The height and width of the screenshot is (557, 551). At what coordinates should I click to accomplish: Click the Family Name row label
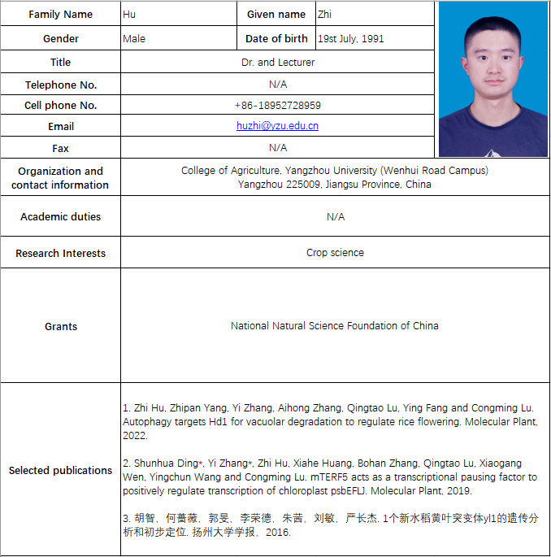pos(61,15)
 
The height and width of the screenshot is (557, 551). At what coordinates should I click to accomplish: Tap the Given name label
pos(276,15)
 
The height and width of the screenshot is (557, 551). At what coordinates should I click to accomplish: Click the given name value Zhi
pos(324,15)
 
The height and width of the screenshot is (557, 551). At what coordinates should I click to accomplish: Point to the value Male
pos(134,39)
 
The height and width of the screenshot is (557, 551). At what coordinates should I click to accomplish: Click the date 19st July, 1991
pos(351,39)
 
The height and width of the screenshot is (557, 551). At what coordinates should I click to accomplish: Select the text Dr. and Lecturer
pos(278,63)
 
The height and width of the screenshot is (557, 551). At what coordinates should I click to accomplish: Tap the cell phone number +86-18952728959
pos(278,106)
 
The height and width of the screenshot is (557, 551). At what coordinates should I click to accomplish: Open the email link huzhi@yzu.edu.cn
pos(278,126)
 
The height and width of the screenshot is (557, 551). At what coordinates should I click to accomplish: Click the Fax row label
pos(61,149)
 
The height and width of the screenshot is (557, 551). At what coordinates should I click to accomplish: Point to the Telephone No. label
pos(61,85)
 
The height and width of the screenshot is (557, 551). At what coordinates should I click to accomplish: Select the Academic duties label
pos(61,217)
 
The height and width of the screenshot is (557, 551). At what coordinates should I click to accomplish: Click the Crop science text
pos(335,253)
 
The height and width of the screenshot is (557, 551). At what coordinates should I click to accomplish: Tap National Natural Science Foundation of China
pos(335,326)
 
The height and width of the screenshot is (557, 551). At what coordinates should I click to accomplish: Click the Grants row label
pos(61,327)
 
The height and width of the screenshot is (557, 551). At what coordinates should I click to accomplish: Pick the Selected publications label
pos(61,471)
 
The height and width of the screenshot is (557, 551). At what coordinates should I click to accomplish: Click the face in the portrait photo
pos(492,62)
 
